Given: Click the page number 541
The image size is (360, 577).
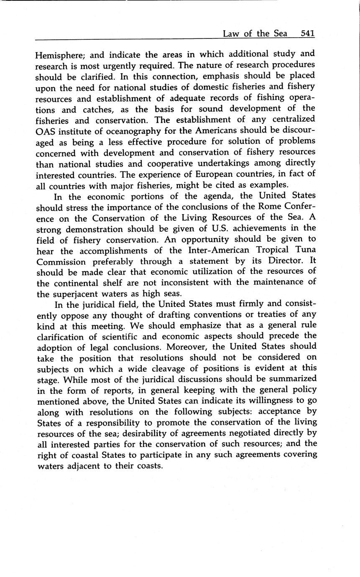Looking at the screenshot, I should point(307,34).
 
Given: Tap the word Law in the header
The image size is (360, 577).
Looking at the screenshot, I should point(230,34).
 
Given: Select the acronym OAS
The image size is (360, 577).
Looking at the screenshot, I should point(46,130).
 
